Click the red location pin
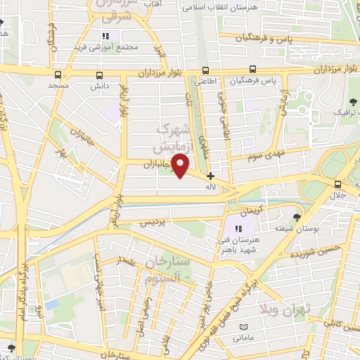[x=182, y=165]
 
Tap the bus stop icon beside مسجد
[x=58, y=75]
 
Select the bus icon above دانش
[x=98, y=75]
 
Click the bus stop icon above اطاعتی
[x=206, y=70]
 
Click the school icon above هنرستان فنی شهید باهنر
[x=238, y=228]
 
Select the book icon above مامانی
[x=245, y=328]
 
